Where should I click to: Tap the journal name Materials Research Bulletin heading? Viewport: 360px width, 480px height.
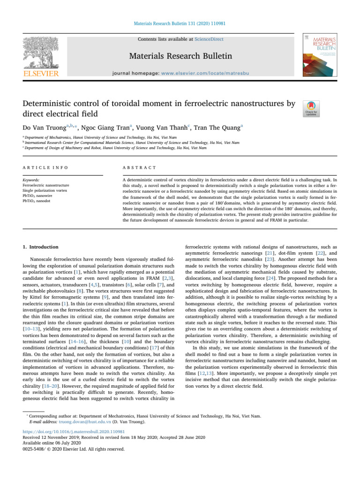click(x=180, y=57)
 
